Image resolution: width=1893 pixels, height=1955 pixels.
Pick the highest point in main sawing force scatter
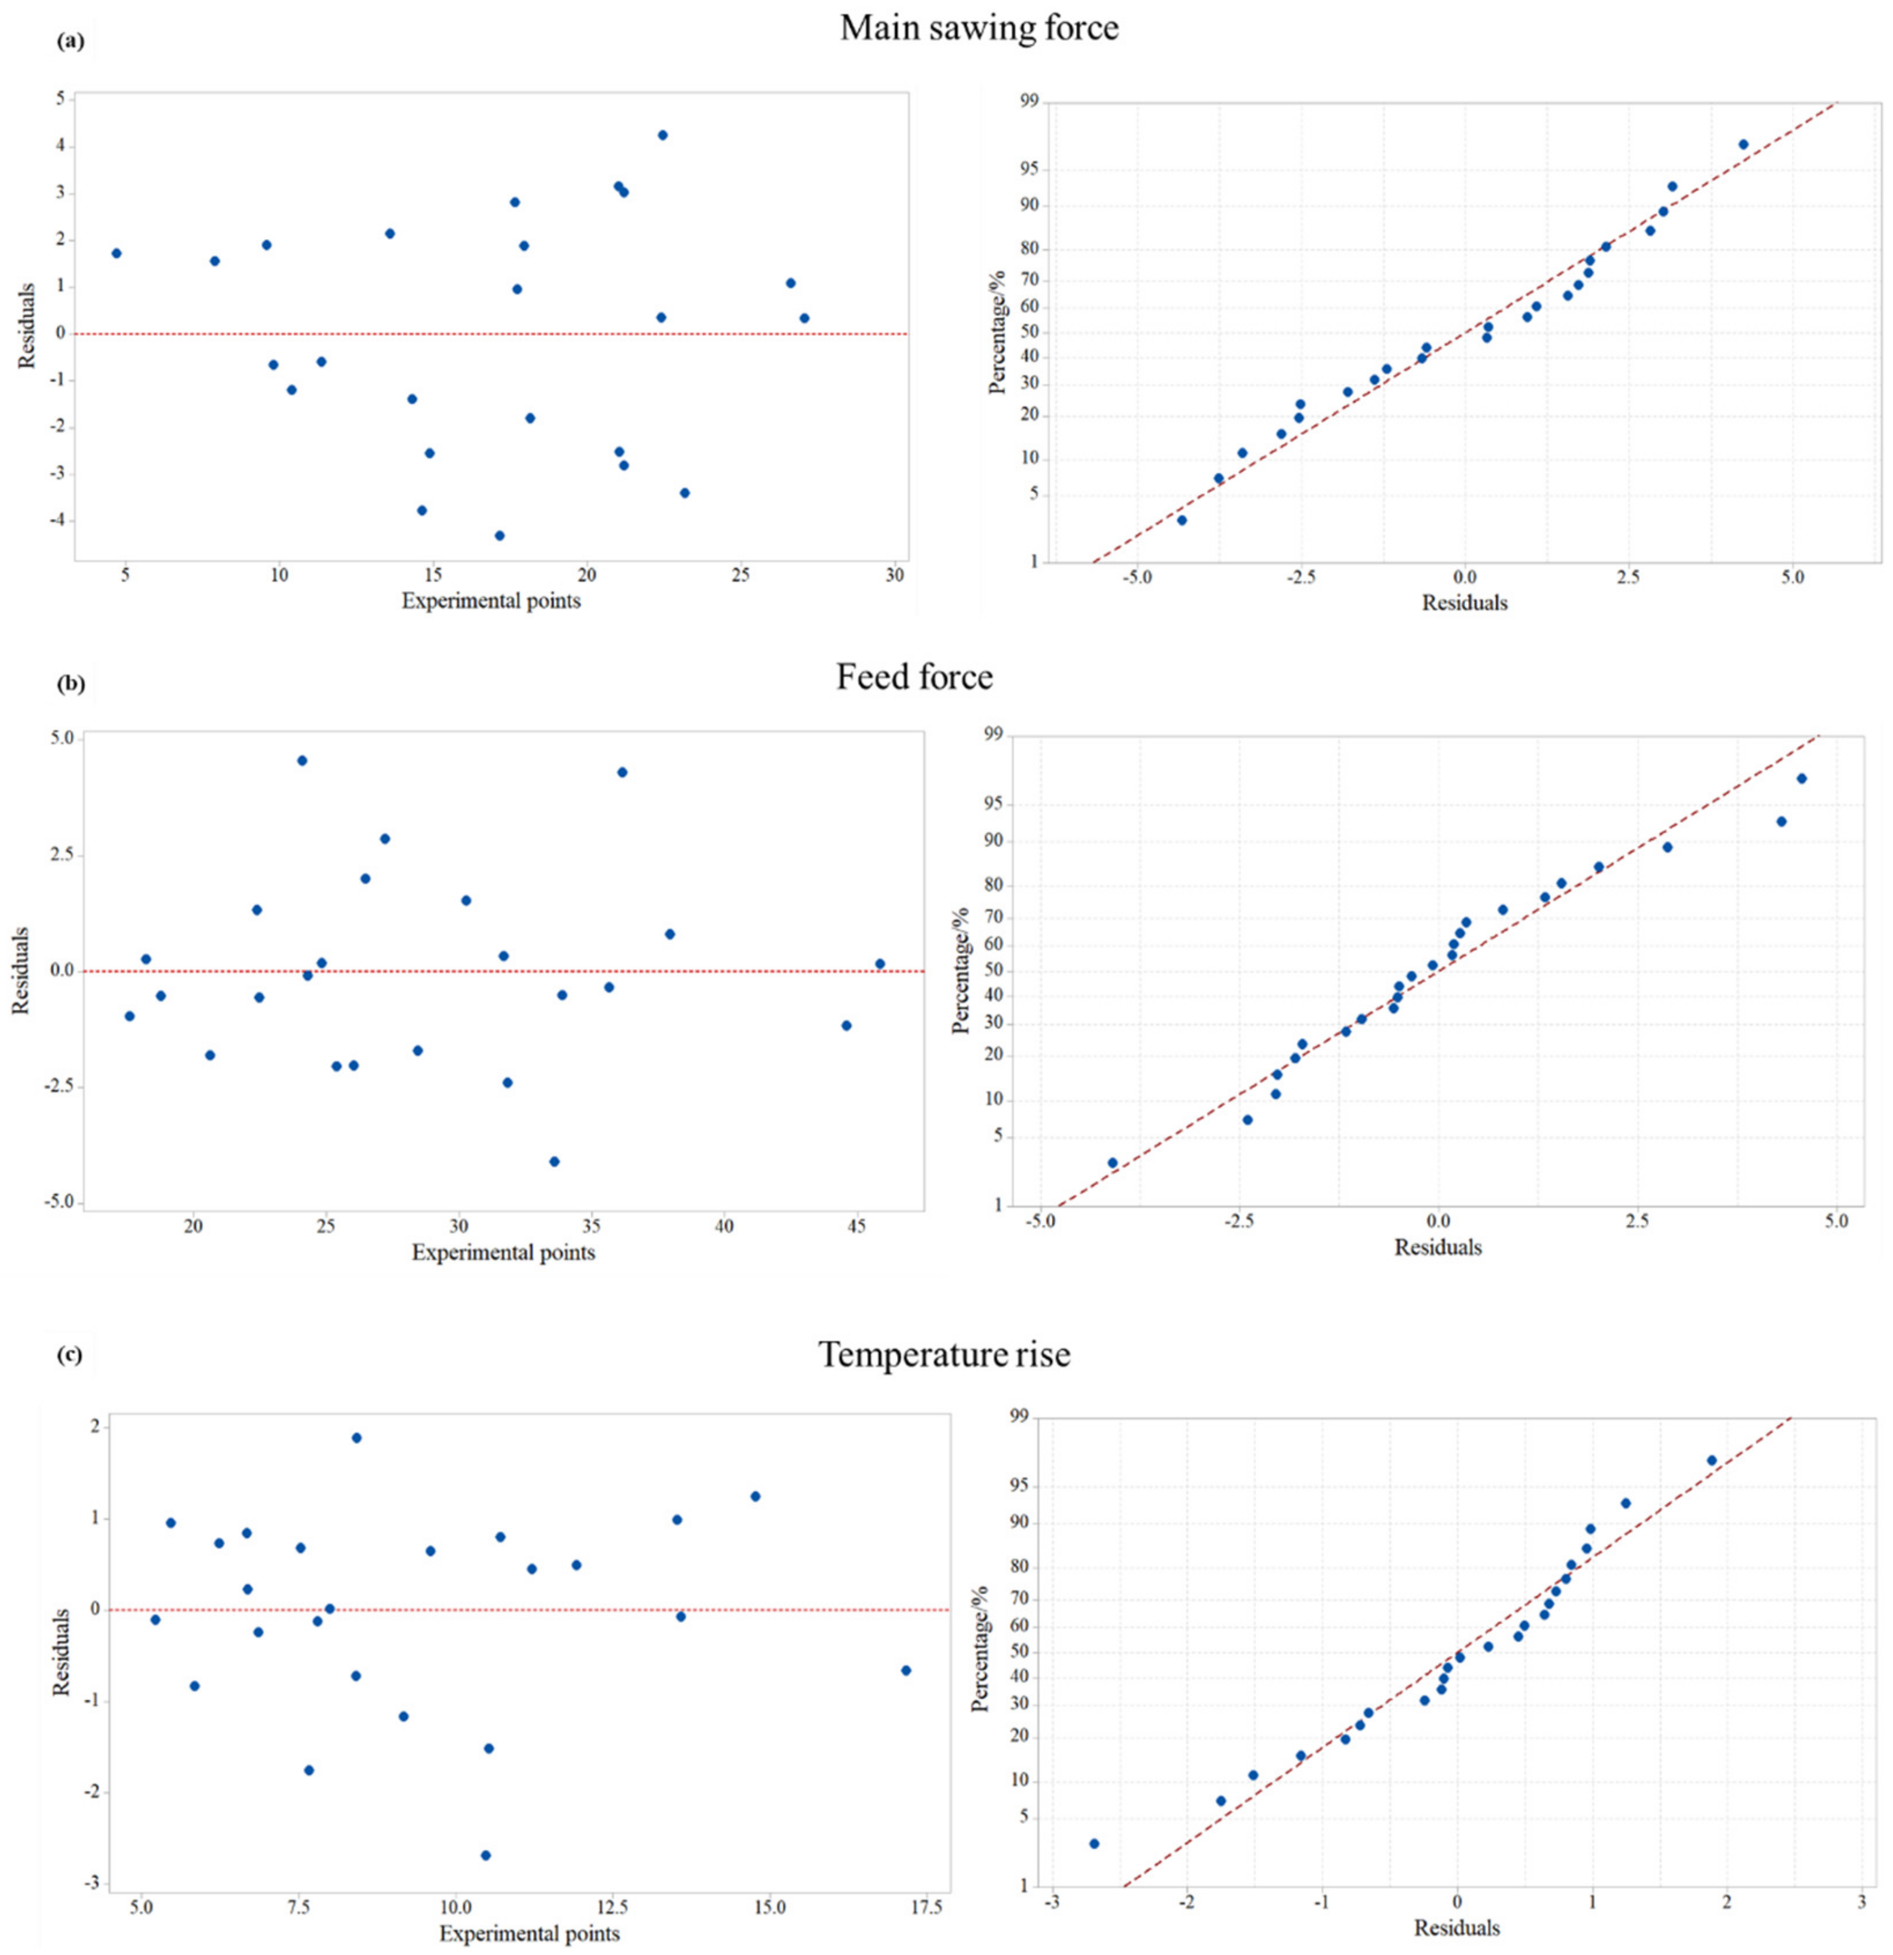click(x=662, y=135)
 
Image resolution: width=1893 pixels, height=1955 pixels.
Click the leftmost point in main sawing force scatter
click(x=116, y=253)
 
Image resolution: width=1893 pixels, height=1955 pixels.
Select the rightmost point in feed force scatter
click(x=880, y=964)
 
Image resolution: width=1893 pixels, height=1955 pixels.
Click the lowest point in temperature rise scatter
click(x=486, y=1855)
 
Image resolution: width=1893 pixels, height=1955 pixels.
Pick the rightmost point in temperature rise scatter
click(x=906, y=1670)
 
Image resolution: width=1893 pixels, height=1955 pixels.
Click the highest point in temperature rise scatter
click(x=356, y=1437)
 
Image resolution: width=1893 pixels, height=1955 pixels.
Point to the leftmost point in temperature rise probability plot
click(x=1094, y=1843)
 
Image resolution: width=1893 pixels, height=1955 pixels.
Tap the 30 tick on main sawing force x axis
click(x=895, y=576)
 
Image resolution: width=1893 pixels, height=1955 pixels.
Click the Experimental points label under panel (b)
click(x=503, y=1253)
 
